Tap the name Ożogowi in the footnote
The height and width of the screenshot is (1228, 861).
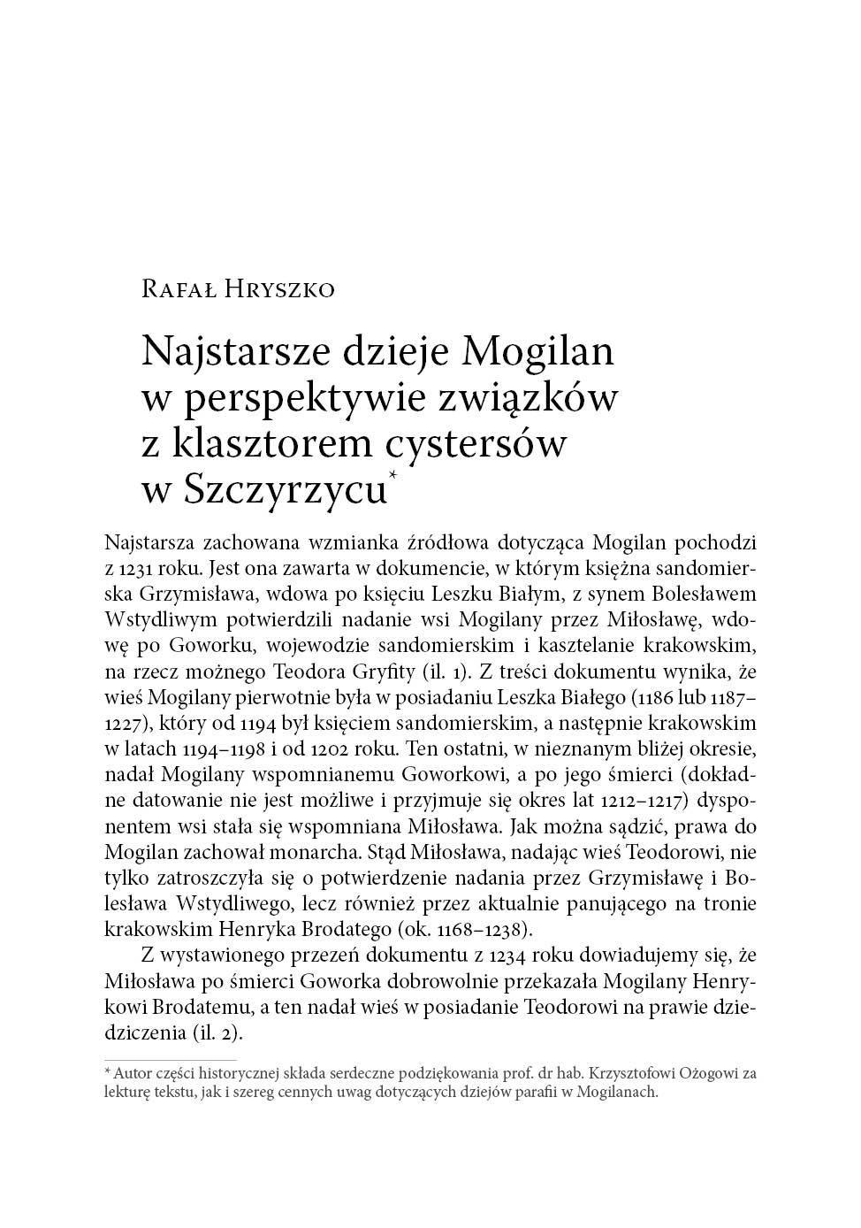pyautogui.click(x=702, y=1074)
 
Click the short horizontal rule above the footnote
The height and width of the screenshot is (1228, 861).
pyautogui.click(x=170, y=1059)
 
